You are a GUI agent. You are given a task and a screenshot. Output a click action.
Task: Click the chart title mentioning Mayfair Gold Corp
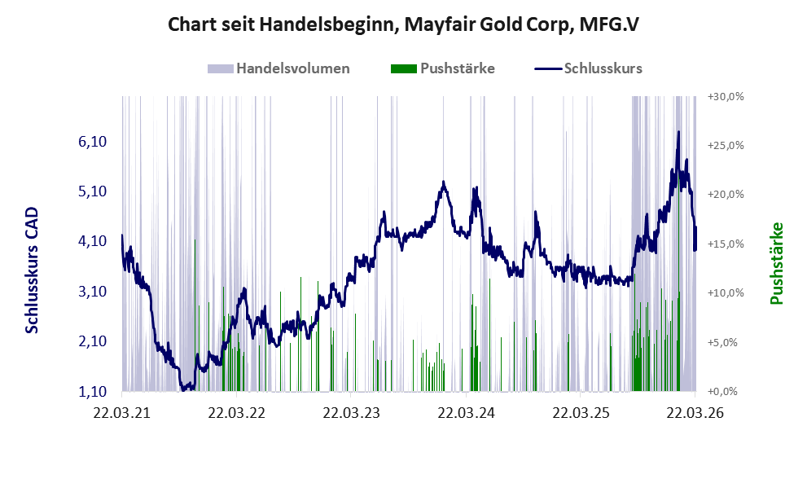[x=403, y=24]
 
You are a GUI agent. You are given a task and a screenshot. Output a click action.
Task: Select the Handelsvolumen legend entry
[x=279, y=68]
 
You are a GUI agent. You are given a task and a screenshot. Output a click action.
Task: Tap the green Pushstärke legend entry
[x=443, y=68]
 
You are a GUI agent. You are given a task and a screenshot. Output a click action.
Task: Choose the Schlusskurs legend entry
[x=588, y=68]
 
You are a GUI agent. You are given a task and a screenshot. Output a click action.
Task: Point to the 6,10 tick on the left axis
[x=92, y=141]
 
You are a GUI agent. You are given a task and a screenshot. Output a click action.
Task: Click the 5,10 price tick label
[x=92, y=191]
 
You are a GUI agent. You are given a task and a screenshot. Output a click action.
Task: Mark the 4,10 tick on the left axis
[x=92, y=241]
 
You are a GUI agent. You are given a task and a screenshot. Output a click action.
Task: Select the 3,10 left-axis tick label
[x=92, y=291]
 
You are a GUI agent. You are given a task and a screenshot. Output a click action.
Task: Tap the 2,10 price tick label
[x=92, y=341]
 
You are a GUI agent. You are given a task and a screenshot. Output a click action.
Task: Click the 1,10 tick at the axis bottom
[x=92, y=391]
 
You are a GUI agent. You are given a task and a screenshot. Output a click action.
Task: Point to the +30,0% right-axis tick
[x=726, y=96]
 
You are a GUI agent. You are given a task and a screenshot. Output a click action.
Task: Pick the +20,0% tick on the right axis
[x=726, y=195]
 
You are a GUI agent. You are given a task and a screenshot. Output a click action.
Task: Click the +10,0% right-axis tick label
[x=726, y=293]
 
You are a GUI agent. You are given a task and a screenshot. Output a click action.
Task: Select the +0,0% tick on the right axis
[x=722, y=392]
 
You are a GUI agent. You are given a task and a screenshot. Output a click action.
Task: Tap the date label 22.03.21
[x=122, y=413]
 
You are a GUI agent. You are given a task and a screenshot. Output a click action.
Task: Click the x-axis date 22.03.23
[x=352, y=413]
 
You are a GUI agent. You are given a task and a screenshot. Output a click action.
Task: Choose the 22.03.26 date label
[x=695, y=413]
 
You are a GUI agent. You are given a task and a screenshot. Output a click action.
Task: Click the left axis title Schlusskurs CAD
[x=32, y=270]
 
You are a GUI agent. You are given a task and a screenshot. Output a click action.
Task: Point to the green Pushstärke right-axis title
[x=777, y=263]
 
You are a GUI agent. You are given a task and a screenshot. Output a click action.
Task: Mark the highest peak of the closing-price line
[x=678, y=132]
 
